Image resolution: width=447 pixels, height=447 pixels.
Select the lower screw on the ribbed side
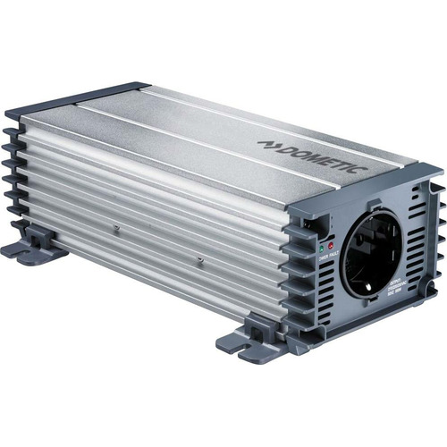pos(200,260)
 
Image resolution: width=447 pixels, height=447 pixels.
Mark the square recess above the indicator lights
pos(310,220)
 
